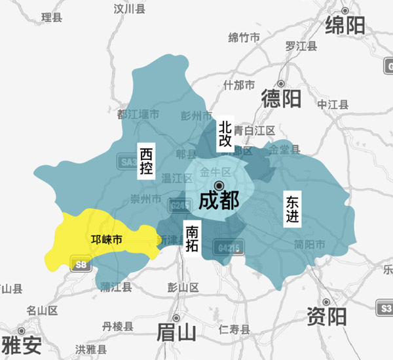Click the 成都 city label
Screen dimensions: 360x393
click(x=219, y=200)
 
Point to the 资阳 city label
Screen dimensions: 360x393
click(x=326, y=317)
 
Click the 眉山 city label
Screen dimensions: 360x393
click(x=176, y=333)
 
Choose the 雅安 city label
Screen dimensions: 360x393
click(x=22, y=344)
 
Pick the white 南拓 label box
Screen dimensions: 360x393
click(x=192, y=239)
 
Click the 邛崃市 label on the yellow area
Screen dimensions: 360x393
click(x=106, y=241)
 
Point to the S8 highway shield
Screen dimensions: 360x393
click(x=80, y=265)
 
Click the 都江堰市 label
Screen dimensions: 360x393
click(x=138, y=114)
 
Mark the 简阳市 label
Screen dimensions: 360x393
click(x=310, y=245)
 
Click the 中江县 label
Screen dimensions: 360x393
click(x=333, y=104)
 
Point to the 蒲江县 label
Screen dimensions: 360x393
click(x=116, y=287)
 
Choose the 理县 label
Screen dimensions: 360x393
click(x=51, y=18)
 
